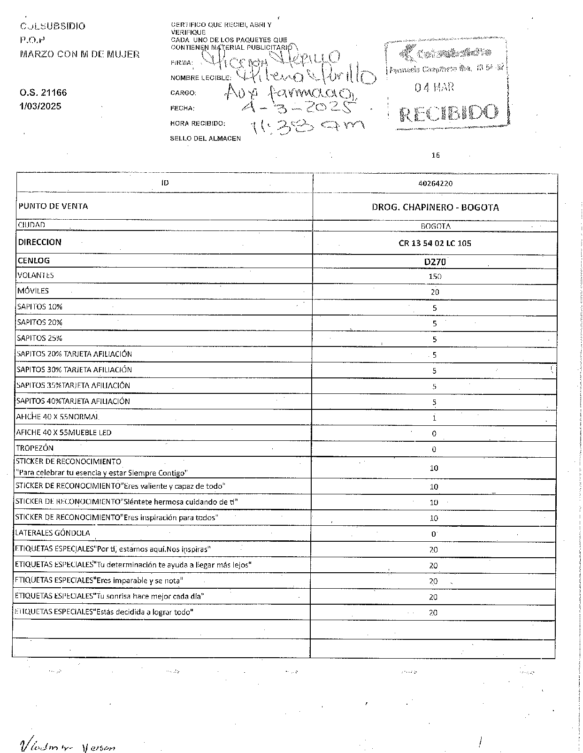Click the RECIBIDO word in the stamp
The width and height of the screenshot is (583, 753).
click(x=448, y=113)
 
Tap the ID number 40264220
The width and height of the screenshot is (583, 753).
click(x=435, y=184)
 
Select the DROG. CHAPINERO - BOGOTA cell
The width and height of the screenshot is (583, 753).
click(x=435, y=207)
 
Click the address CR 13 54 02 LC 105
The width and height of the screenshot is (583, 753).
click(x=435, y=243)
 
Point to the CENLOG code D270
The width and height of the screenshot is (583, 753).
click(x=435, y=262)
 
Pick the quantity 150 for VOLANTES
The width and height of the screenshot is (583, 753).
click(x=435, y=277)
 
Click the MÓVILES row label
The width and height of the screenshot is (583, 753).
click(x=33, y=291)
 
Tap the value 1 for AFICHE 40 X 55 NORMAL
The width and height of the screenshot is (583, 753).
click(x=434, y=418)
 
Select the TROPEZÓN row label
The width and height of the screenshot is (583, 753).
click(x=35, y=448)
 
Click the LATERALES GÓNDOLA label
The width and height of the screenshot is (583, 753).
click(x=53, y=533)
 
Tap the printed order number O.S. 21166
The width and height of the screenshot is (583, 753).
click(x=43, y=93)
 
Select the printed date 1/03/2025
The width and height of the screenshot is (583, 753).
click(x=40, y=106)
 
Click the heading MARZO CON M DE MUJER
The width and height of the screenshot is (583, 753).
click(x=79, y=54)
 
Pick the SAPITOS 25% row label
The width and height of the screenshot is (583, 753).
click(x=39, y=338)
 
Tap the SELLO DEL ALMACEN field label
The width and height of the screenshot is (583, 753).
click(x=205, y=138)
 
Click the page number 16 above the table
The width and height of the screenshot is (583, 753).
click(x=436, y=155)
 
